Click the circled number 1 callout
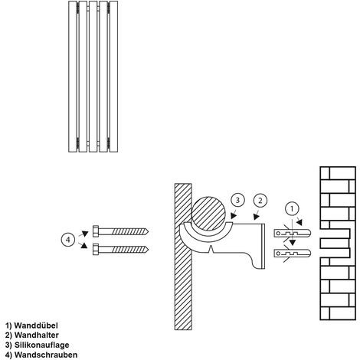292,209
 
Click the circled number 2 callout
260,201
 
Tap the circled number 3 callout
237,201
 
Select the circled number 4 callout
68,240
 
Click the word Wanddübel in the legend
36,326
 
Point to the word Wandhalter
37,335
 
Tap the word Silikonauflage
41,345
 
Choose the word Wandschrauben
46,355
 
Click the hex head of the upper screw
96,231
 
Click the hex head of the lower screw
96,249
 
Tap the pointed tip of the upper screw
148,231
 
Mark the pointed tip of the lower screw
148,249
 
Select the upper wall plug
293,233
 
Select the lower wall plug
293,254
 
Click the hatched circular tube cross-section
208,213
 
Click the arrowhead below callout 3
234,216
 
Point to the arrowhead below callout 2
257,217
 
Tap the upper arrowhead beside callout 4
85,234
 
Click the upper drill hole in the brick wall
335,234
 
